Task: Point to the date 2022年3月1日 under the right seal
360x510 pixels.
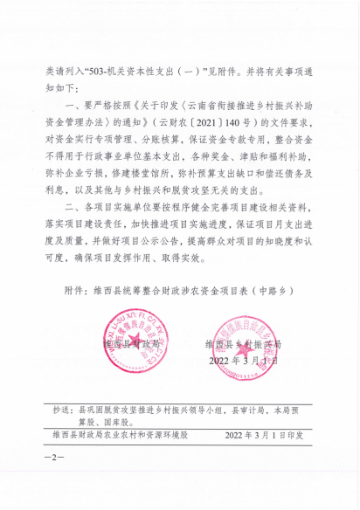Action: point(244,359)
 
